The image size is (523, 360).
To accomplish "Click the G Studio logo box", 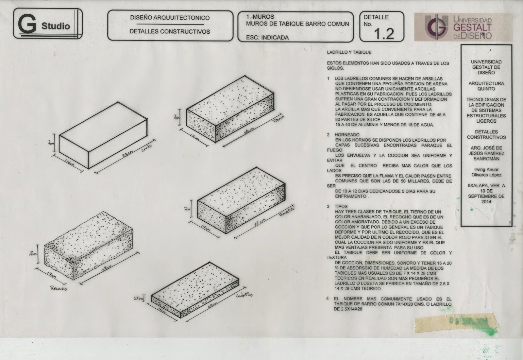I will [x=47, y=24].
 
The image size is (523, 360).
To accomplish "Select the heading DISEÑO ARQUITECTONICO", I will [x=170, y=18].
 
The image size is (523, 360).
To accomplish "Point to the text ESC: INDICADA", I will [x=267, y=38].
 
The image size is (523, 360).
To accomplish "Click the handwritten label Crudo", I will [x=147, y=149].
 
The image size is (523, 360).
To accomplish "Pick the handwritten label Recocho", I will [x=59, y=288].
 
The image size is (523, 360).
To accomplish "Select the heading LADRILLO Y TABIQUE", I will [x=349, y=52].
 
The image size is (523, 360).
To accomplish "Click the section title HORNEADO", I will [x=347, y=135].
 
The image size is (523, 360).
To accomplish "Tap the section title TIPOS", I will [x=341, y=207].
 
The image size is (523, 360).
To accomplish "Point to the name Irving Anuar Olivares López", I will [x=486, y=172].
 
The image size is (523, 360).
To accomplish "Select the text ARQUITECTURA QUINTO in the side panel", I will [x=486, y=86].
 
